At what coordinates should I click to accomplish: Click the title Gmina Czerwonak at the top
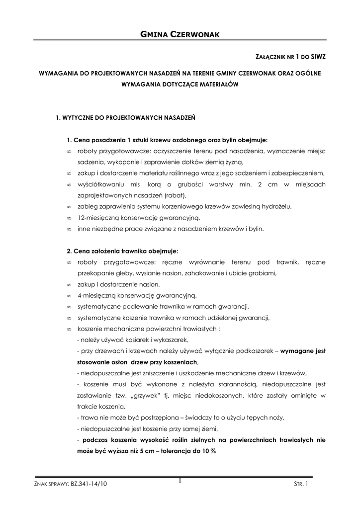[180, 34]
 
